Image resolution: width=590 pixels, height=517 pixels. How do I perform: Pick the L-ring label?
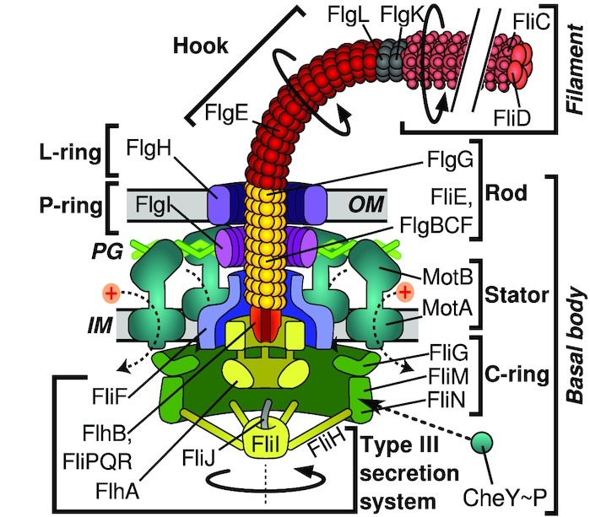(x=62, y=154)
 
